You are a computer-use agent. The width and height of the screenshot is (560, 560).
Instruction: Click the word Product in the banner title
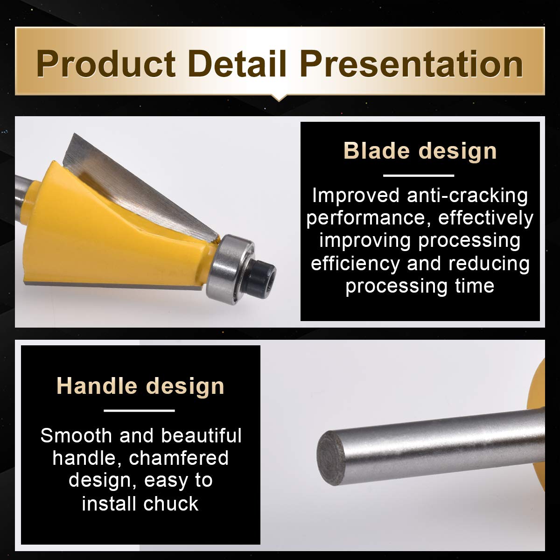click(x=106, y=63)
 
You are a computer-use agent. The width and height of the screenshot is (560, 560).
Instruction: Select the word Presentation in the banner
click(x=412, y=63)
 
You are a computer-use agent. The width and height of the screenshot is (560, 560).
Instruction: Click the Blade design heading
click(x=420, y=151)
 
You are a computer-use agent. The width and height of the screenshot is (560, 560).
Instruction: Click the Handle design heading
click(x=140, y=386)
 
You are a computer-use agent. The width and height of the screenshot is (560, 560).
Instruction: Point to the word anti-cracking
click(x=467, y=196)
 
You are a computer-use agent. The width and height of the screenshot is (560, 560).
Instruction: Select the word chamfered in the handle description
click(x=178, y=458)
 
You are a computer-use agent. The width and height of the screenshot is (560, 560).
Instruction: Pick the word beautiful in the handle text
click(x=201, y=436)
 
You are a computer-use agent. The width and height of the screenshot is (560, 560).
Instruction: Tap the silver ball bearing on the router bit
click(x=231, y=266)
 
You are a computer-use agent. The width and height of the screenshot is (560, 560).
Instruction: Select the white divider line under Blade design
click(x=419, y=175)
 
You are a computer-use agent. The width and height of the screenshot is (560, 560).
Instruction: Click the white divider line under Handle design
click(x=139, y=411)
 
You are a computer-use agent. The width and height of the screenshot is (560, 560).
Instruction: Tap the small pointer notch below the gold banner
click(x=279, y=98)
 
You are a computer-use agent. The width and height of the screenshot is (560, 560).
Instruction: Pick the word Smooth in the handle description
click(x=76, y=436)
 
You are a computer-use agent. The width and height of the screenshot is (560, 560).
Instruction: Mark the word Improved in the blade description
click(x=356, y=196)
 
